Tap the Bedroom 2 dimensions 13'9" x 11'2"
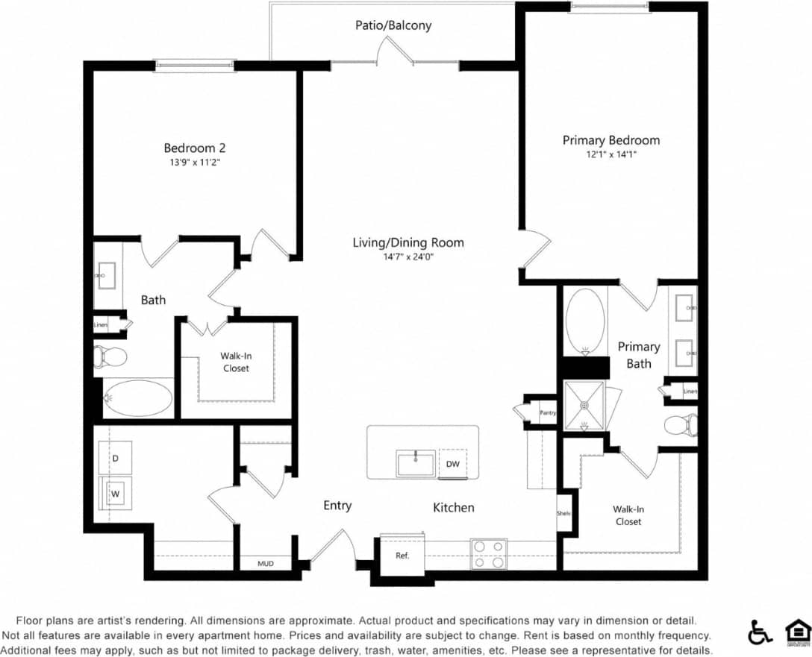pos(194,161)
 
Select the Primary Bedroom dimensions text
pos(610,154)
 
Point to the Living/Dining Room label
pos(408,242)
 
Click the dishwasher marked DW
pos(452,463)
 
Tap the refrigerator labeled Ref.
pos(402,556)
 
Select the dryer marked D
pos(116,456)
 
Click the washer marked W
pos(116,493)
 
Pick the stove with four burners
pos(488,554)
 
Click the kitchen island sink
pos(416,463)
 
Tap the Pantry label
pos(548,412)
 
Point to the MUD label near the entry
pos(265,564)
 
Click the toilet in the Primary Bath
pos(681,425)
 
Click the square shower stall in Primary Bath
pos(584,406)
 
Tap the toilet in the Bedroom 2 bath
pos(110,356)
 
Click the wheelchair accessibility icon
pos(760,632)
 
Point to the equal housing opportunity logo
pos(798,632)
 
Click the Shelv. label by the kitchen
pos(563,514)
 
